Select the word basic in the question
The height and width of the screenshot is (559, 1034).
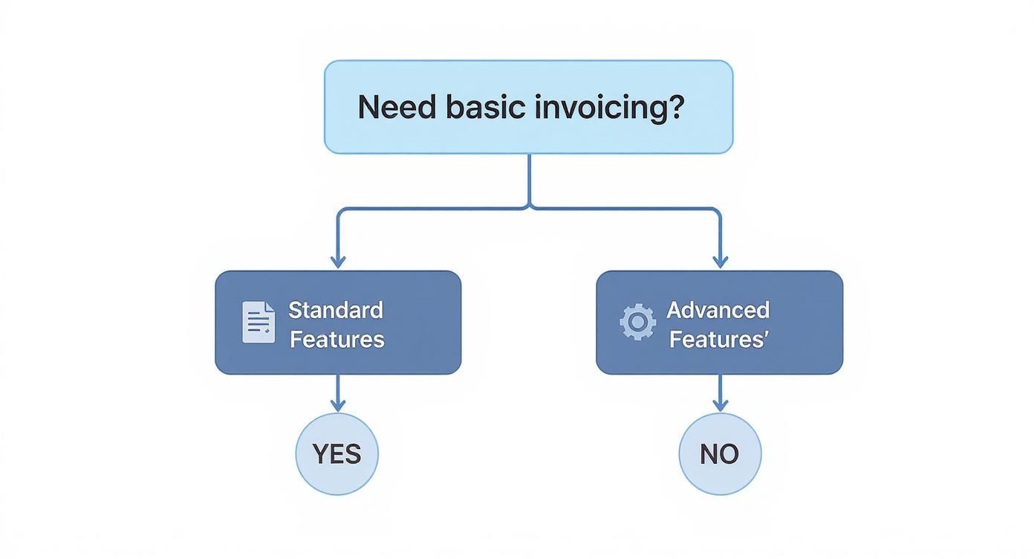[x=486, y=107]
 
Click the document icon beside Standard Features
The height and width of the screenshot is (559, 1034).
[x=258, y=323]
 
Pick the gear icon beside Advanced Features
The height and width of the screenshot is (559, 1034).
[x=637, y=323]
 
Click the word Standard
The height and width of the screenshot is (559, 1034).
[x=336, y=310]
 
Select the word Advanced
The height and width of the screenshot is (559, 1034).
[x=718, y=310]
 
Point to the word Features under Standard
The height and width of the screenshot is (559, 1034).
[x=337, y=340]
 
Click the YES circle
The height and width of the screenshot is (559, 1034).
[x=337, y=453]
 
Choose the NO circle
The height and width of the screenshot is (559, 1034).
[x=720, y=453]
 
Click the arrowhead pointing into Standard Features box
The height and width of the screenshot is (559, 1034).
[x=338, y=262]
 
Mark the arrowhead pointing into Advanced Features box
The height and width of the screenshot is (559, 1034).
[x=720, y=262]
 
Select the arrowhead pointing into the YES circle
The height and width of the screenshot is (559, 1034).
[x=338, y=405]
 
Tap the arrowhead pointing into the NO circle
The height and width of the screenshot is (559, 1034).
[x=720, y=405]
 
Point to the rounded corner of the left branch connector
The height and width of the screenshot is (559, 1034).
[x=341, y=211]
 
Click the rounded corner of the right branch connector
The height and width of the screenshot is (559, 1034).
[x=717, y=211]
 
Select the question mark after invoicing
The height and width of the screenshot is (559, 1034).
[x=675, y=107]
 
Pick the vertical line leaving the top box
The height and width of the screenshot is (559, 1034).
[x=529, y=178]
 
